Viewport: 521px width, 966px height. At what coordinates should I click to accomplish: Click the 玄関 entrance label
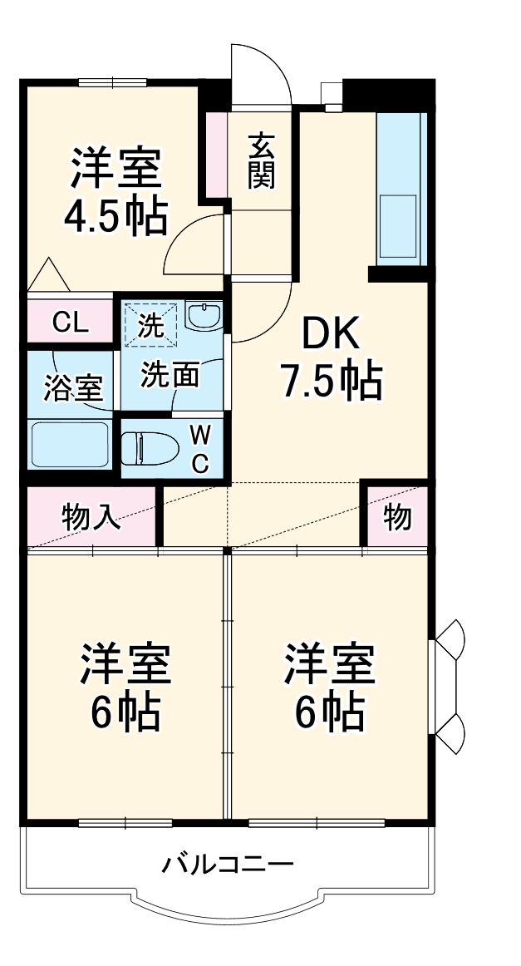(x=261, y=160)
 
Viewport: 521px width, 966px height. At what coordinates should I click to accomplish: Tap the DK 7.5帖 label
(x=330, y=357)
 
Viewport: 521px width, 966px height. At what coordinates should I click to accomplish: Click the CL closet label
(x=70, y=323)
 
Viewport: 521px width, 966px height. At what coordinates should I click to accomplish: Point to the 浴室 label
(x=73, y=387)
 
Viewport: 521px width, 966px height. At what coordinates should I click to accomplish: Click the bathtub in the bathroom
(x=70, y=445)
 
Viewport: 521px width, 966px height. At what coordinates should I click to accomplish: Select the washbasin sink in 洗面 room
(x=203, y=316)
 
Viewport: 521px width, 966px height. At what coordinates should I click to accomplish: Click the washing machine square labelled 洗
(x=150, y=324)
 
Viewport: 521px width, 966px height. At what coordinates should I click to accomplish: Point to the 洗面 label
(x=169, y=376)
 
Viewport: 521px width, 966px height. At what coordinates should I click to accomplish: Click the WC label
(x=200, y=449)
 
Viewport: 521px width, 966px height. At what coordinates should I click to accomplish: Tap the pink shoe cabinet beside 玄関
(x=216, y=154)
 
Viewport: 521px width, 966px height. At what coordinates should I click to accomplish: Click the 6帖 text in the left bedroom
(x=125, y=711)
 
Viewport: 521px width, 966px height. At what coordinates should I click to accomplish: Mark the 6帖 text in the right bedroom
(x=330, y=711)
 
